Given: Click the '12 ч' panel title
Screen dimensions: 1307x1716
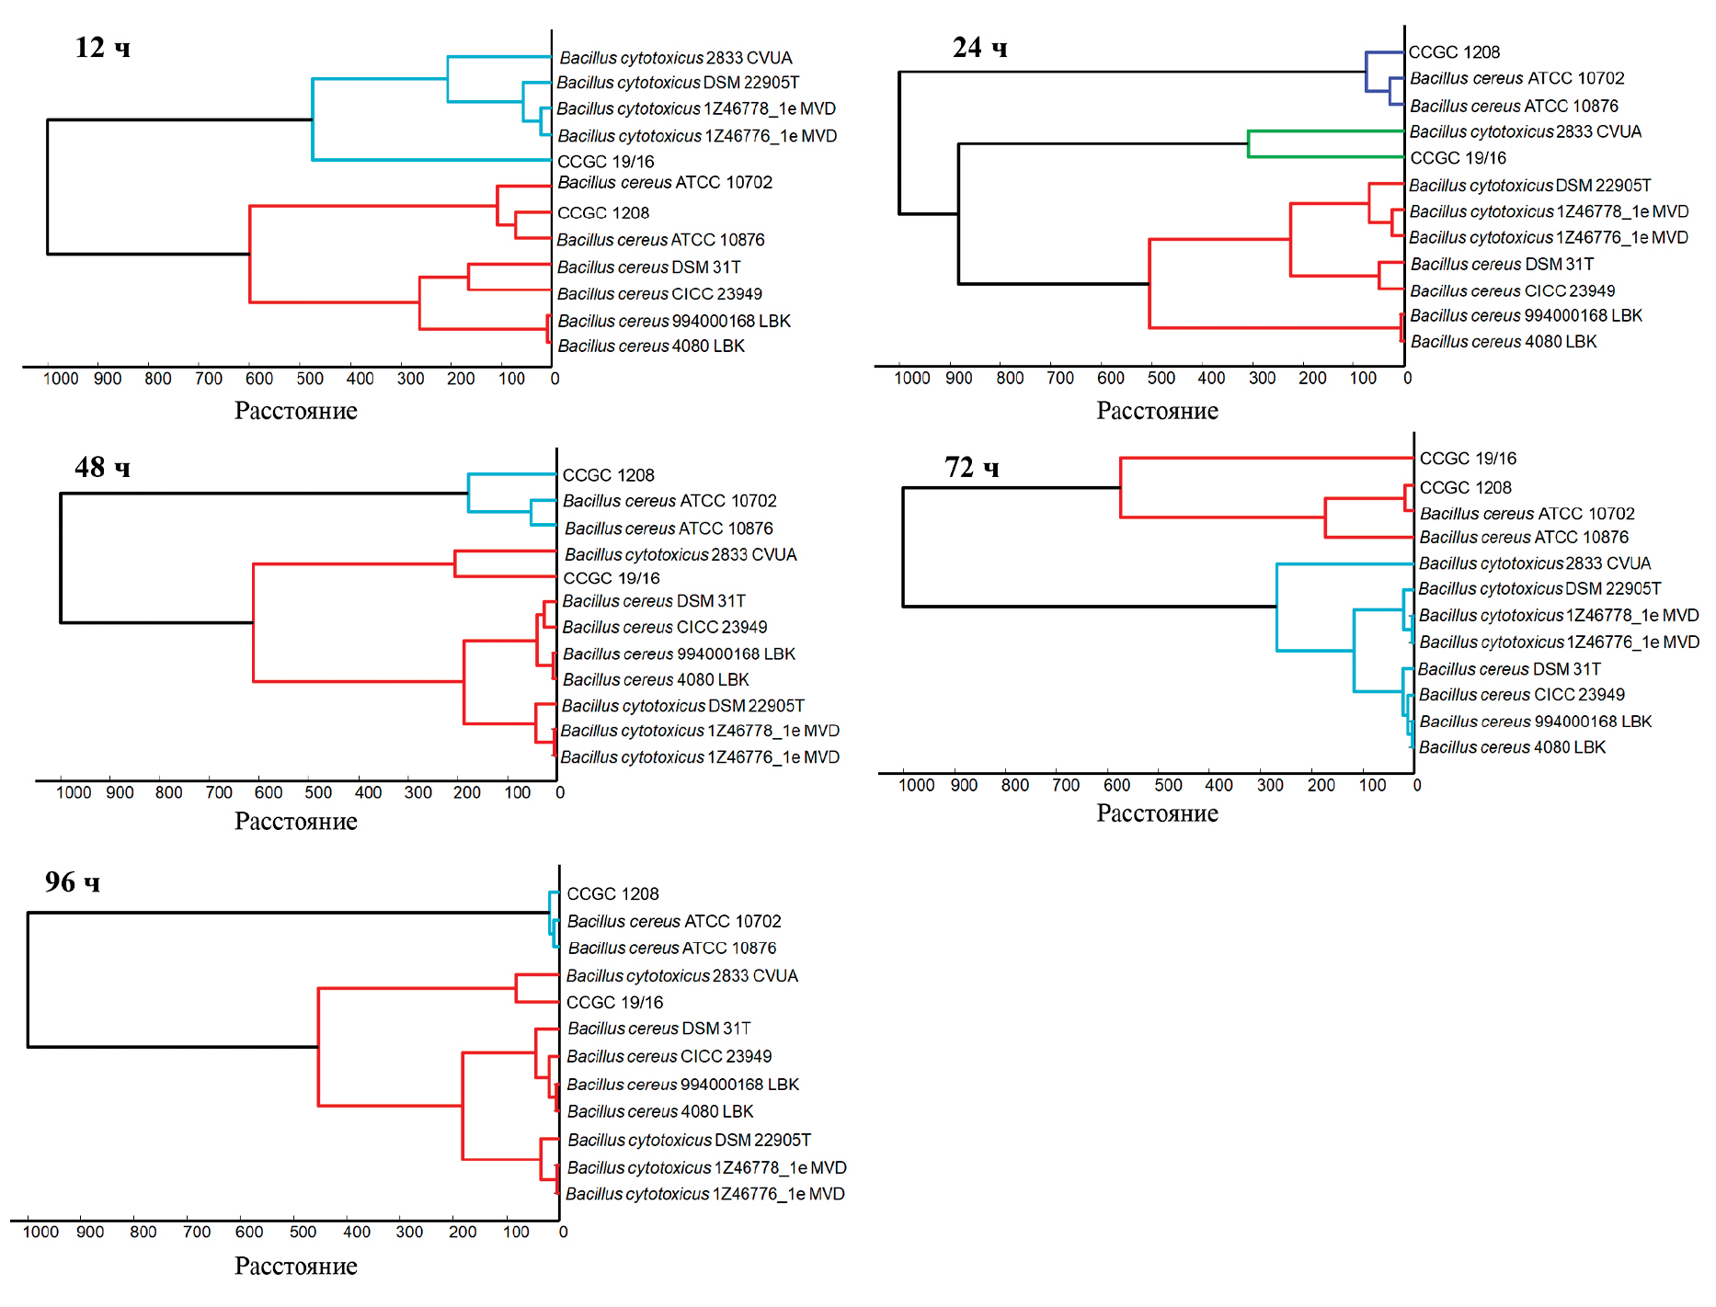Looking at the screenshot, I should pyautogui.click(x=102, y=47).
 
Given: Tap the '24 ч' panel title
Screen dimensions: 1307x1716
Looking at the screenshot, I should pyautogui.click(x=979, y=47).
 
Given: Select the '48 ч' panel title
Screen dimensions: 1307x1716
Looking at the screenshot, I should pyautogui.click(x=102, y=467).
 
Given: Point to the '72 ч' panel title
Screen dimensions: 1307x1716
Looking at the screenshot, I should pyautogui.click(x=971, y=467).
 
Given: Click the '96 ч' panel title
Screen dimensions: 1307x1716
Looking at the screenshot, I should pyautogui.click(x=73, y=882).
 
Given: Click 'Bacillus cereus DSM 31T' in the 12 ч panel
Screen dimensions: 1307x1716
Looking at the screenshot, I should pyautogui.click(x=648, y=267).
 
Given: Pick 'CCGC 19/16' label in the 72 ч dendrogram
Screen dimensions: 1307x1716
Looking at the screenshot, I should pyautogui.click(x=1468, y=459).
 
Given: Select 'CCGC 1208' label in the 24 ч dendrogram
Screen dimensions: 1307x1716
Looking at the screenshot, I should pyautogui.click(x=1454, y=52).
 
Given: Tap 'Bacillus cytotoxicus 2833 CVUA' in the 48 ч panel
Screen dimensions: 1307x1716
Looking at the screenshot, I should pyautogui.click(x=681, y=554).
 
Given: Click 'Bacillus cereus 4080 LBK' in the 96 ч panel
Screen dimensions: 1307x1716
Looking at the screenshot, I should pyautogui.click(x=660, y=1111).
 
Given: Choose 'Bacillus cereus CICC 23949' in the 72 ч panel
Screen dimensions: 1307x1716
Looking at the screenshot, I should pyautogui.click(x=1521, y=695).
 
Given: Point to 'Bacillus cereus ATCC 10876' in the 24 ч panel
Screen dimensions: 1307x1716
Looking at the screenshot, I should pyautogui.click(x=1514, y=106).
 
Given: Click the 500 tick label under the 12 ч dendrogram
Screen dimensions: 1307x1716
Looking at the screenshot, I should pyautogui.click(x=310, y=379).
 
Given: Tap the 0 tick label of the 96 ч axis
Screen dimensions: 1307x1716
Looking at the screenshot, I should pyautogui.click(x=563, y=1232).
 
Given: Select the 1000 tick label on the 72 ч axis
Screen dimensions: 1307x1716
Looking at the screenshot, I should pyautogui.click(x=916, y=785).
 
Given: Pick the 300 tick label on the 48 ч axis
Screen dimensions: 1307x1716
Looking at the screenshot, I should pyautogui.click(x=418, y=792).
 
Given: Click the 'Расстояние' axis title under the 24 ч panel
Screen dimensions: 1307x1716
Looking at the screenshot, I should pyautogui.click(x=1157, y=411).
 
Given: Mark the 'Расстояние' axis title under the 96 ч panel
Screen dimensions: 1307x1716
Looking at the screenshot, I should pyautogui.click(x=295, y=1266).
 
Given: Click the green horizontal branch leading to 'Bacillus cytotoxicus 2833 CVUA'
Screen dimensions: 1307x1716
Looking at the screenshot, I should pyautogui.click(x=1324, y=131).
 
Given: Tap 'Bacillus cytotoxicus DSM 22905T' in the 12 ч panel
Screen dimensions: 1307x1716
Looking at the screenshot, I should pyautogui.click(x=678, y=83).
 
